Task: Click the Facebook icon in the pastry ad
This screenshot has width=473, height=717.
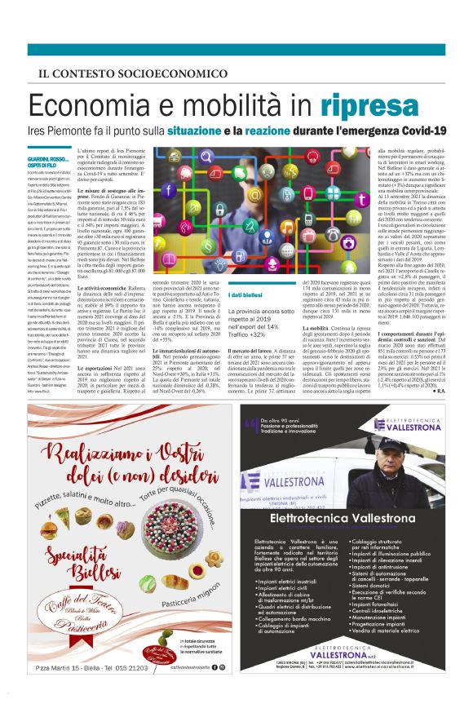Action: (214, 690)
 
